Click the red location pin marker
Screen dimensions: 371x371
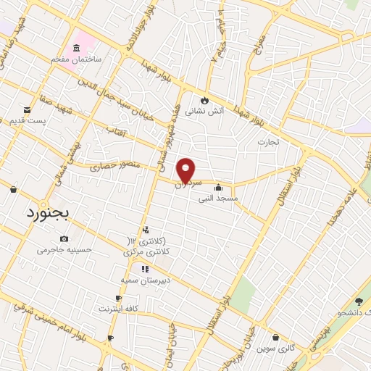187,170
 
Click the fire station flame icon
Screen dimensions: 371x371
205,99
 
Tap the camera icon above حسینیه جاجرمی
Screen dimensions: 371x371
64,238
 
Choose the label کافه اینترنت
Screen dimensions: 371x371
118,309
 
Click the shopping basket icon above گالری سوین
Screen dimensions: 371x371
275,337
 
